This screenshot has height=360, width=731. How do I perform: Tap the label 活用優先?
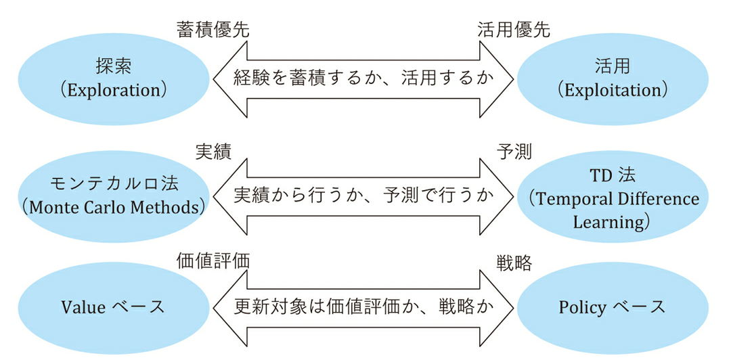point(514,29)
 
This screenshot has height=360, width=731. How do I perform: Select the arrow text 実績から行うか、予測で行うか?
point(364,196)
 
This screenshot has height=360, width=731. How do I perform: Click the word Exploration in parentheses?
point(113,89)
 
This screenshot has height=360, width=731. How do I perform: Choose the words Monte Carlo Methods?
point(113,206)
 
